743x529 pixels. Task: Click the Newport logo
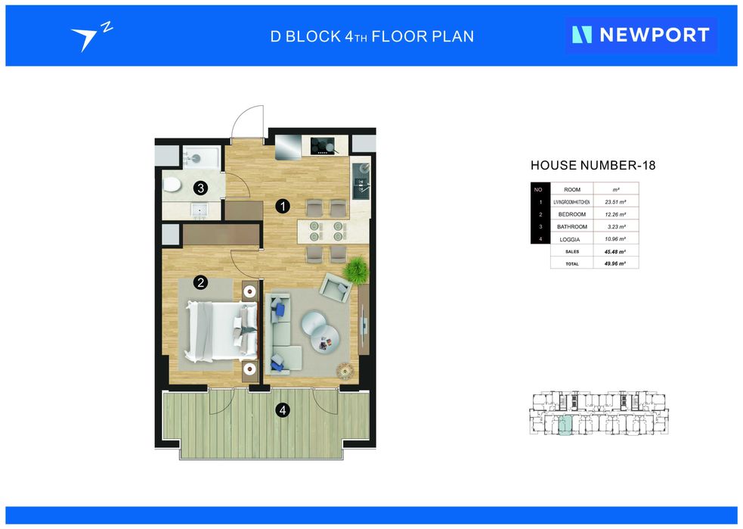coord(641,35)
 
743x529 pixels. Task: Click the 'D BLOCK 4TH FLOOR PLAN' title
coord(372,36)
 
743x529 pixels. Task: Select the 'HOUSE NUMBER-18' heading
coord(593,165)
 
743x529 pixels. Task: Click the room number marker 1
coord(283,207)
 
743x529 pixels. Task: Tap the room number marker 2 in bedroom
coord(200,283)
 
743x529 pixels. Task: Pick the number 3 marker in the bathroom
coord(200,188)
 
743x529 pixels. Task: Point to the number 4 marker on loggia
coord(283,410)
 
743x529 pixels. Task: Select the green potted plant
coord(356,270)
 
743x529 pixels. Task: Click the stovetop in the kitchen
coord(323,145)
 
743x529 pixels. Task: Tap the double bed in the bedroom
coord(221,331)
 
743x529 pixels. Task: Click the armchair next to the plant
coord(336,287)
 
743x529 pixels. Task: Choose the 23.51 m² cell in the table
coord(615,201)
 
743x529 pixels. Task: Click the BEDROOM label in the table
coord(572,214)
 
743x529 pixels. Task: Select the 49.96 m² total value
coord(615,263)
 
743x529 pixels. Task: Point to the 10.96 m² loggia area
coord(615,239)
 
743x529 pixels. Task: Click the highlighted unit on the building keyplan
coord(565,425)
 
